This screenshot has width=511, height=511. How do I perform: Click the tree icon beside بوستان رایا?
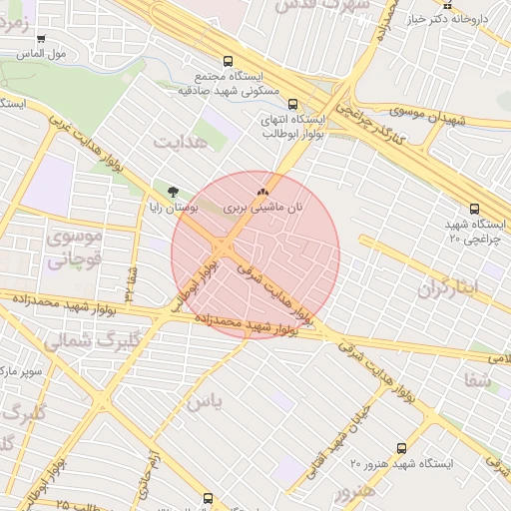click(175, 191)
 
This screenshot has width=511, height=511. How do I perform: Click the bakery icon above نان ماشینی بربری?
click(262, 190)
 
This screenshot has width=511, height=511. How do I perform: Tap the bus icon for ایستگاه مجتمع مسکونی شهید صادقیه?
click(230, 60)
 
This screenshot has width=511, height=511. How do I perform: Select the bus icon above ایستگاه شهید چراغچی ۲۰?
click(473, 209)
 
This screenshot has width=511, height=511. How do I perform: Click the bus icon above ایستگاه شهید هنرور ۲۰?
click(402, 448)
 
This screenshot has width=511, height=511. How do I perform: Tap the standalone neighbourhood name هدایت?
click(184, 142)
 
